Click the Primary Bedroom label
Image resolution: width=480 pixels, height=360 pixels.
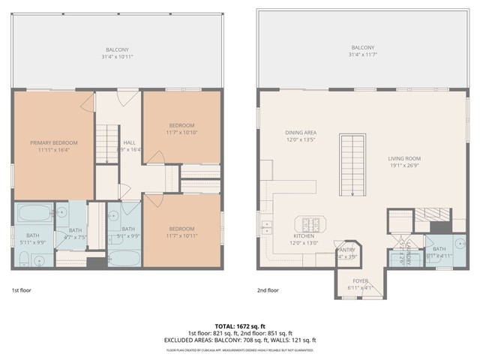pyautogui.click(x=54, y=142)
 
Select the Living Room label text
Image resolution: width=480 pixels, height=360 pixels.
pyautogui.click(x=405, y=158)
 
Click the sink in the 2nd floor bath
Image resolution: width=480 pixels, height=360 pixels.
pyautogui.click(x=459, y=243)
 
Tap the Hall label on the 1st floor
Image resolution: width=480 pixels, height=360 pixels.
pyautogui.click(x=129, y=142)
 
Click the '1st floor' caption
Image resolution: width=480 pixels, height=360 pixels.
pyautogui.click(x=22, y=289)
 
